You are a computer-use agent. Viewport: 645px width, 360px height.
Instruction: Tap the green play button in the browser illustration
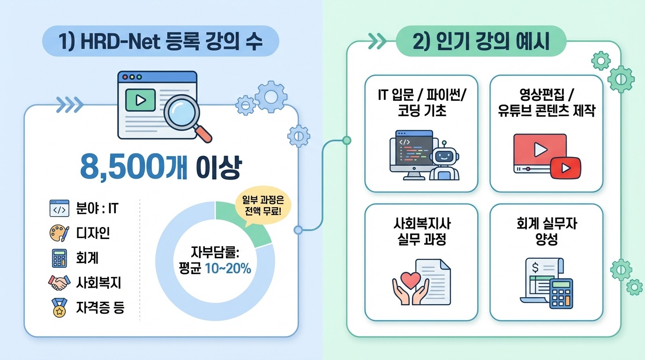(140, 100)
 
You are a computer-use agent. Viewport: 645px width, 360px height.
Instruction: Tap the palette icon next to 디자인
(59, 232)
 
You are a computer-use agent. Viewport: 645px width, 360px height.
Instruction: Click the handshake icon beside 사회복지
(59, 283)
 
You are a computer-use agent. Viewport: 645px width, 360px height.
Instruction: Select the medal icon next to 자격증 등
(59, 308)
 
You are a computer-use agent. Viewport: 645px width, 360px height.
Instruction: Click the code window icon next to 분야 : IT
(59, 208)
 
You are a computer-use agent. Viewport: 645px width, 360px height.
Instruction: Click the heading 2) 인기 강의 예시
(481, 44)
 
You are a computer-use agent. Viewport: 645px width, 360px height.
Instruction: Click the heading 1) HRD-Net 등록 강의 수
(161, 44)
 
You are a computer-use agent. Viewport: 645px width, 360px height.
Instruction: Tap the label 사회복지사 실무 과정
(421, 232)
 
